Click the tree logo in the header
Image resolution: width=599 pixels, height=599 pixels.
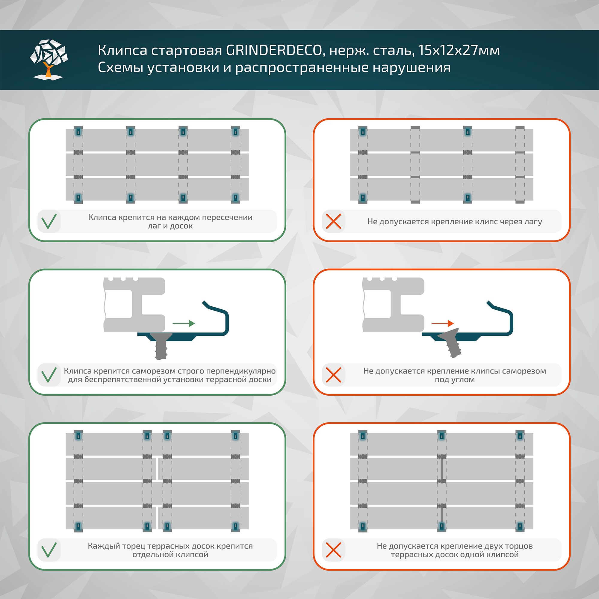click(49, 59)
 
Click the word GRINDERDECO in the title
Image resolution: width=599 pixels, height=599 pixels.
click(274, 50)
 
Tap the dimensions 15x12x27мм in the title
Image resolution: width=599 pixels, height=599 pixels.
click(459, 50)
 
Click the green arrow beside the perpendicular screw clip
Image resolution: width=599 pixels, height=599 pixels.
click(184, 323)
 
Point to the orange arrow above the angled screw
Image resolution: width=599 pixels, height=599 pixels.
click(442, 323)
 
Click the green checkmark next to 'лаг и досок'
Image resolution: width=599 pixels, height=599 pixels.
click(49, 221)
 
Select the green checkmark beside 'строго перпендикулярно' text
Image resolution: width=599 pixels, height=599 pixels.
click(49, 375)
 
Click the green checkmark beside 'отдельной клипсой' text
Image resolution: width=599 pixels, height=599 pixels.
click(49, 550)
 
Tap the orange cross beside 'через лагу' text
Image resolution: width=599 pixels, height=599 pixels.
click(334, 221)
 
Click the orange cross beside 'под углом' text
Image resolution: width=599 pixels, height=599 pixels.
click(334, 375)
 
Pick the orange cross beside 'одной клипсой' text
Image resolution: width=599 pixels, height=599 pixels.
click(334, 550)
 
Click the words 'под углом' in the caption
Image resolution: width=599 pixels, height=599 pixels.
click(455, 379)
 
